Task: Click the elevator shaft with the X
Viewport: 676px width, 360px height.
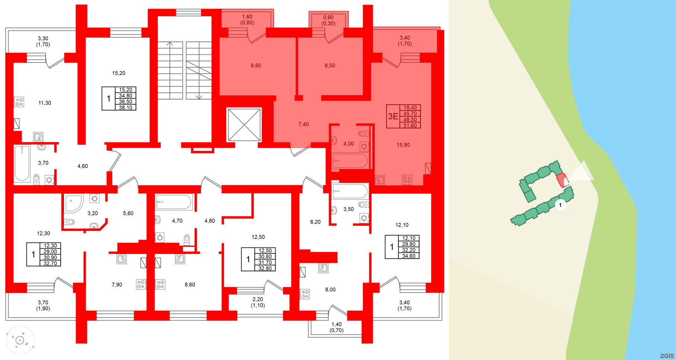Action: click(244, 125)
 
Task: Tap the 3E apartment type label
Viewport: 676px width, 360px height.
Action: click(393, 116)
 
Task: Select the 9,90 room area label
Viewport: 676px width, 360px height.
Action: click(256, 66)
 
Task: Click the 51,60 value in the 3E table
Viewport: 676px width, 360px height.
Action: click(410, 126)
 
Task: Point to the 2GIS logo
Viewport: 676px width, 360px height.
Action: click(667, 356)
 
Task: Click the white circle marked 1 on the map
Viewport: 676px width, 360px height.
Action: click(560, 205)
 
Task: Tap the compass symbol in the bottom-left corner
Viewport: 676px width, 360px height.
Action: click(20, 340)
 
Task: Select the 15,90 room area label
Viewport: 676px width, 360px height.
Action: click(403, 145)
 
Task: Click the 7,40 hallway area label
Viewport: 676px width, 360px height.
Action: click(304, 124)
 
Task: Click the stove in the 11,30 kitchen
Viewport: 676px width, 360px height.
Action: click(19, 102)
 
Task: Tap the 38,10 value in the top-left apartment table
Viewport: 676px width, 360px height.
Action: click(126, 108)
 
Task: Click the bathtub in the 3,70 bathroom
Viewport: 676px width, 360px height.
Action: click(22, 163)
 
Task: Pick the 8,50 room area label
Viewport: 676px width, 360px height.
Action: click(330, 66)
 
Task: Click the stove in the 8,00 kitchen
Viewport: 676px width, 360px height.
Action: click(305, 294)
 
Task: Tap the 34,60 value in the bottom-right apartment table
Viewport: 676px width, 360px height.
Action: click(409, 256)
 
